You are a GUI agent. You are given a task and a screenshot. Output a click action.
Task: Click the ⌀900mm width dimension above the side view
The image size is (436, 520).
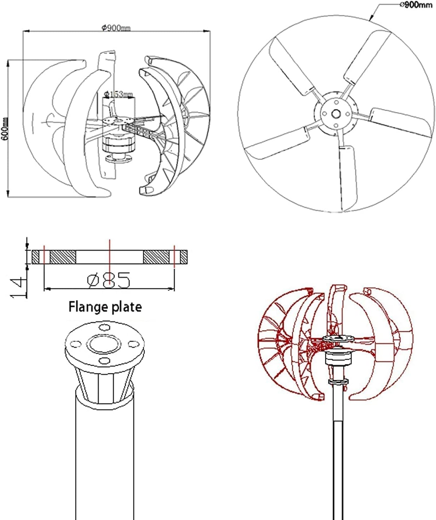116,28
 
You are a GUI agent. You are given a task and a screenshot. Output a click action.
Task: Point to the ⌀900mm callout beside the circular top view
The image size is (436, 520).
416,5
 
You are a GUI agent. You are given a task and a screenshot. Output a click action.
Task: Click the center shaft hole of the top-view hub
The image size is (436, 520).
336,114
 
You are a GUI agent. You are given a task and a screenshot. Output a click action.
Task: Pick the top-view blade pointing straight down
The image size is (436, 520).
348,177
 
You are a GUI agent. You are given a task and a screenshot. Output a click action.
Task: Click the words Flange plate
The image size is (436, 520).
105,307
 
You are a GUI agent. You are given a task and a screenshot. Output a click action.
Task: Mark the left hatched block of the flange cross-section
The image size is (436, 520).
63,257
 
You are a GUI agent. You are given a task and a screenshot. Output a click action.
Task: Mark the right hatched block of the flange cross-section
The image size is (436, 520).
156,257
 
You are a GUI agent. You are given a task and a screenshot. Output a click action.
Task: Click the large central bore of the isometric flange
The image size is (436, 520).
104,344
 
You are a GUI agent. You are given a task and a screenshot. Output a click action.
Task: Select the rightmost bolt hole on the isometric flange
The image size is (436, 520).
133,344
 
